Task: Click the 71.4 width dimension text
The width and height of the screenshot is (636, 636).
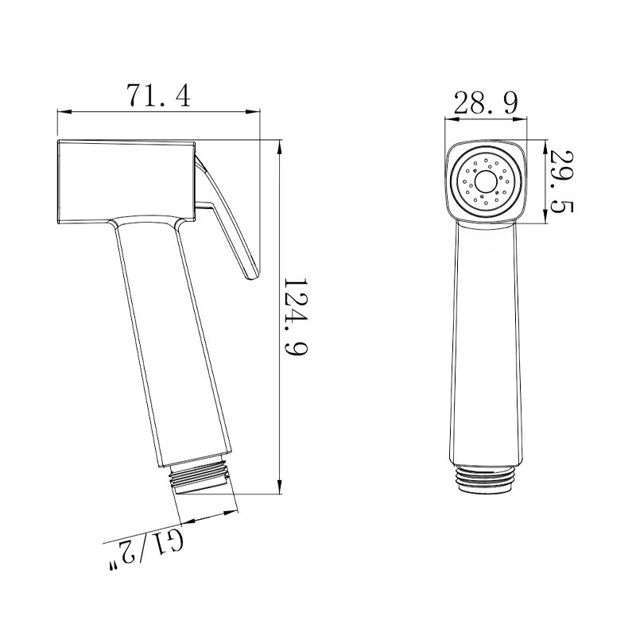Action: click(x=159, y=96)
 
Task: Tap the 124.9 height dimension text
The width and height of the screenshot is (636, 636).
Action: click(x=295, y=316)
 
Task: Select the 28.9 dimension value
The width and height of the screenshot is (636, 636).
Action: click(x=486, y=103)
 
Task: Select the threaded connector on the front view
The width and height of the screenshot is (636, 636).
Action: click(x=487, y=478)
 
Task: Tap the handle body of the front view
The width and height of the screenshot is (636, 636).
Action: click(x=487, y=342)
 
